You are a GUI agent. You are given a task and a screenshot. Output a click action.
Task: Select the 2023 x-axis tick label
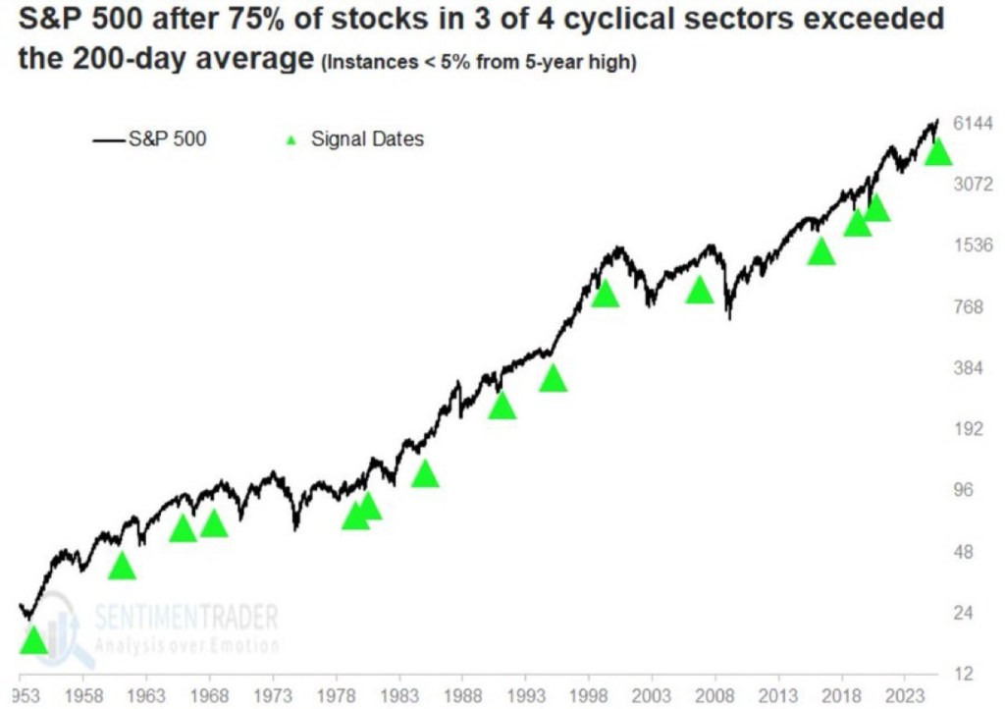(904, 692)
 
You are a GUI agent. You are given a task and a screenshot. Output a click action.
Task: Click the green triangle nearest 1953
(32, 640)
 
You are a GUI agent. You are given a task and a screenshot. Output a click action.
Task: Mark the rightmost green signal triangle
(938, 151)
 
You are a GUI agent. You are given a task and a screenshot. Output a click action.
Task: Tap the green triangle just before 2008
(699, 291)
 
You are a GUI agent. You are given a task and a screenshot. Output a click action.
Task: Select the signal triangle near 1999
(605, 293)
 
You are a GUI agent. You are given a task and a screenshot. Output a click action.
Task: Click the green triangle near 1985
(424, 474)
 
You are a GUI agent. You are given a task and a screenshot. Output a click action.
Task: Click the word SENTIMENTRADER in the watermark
(185, 617)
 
